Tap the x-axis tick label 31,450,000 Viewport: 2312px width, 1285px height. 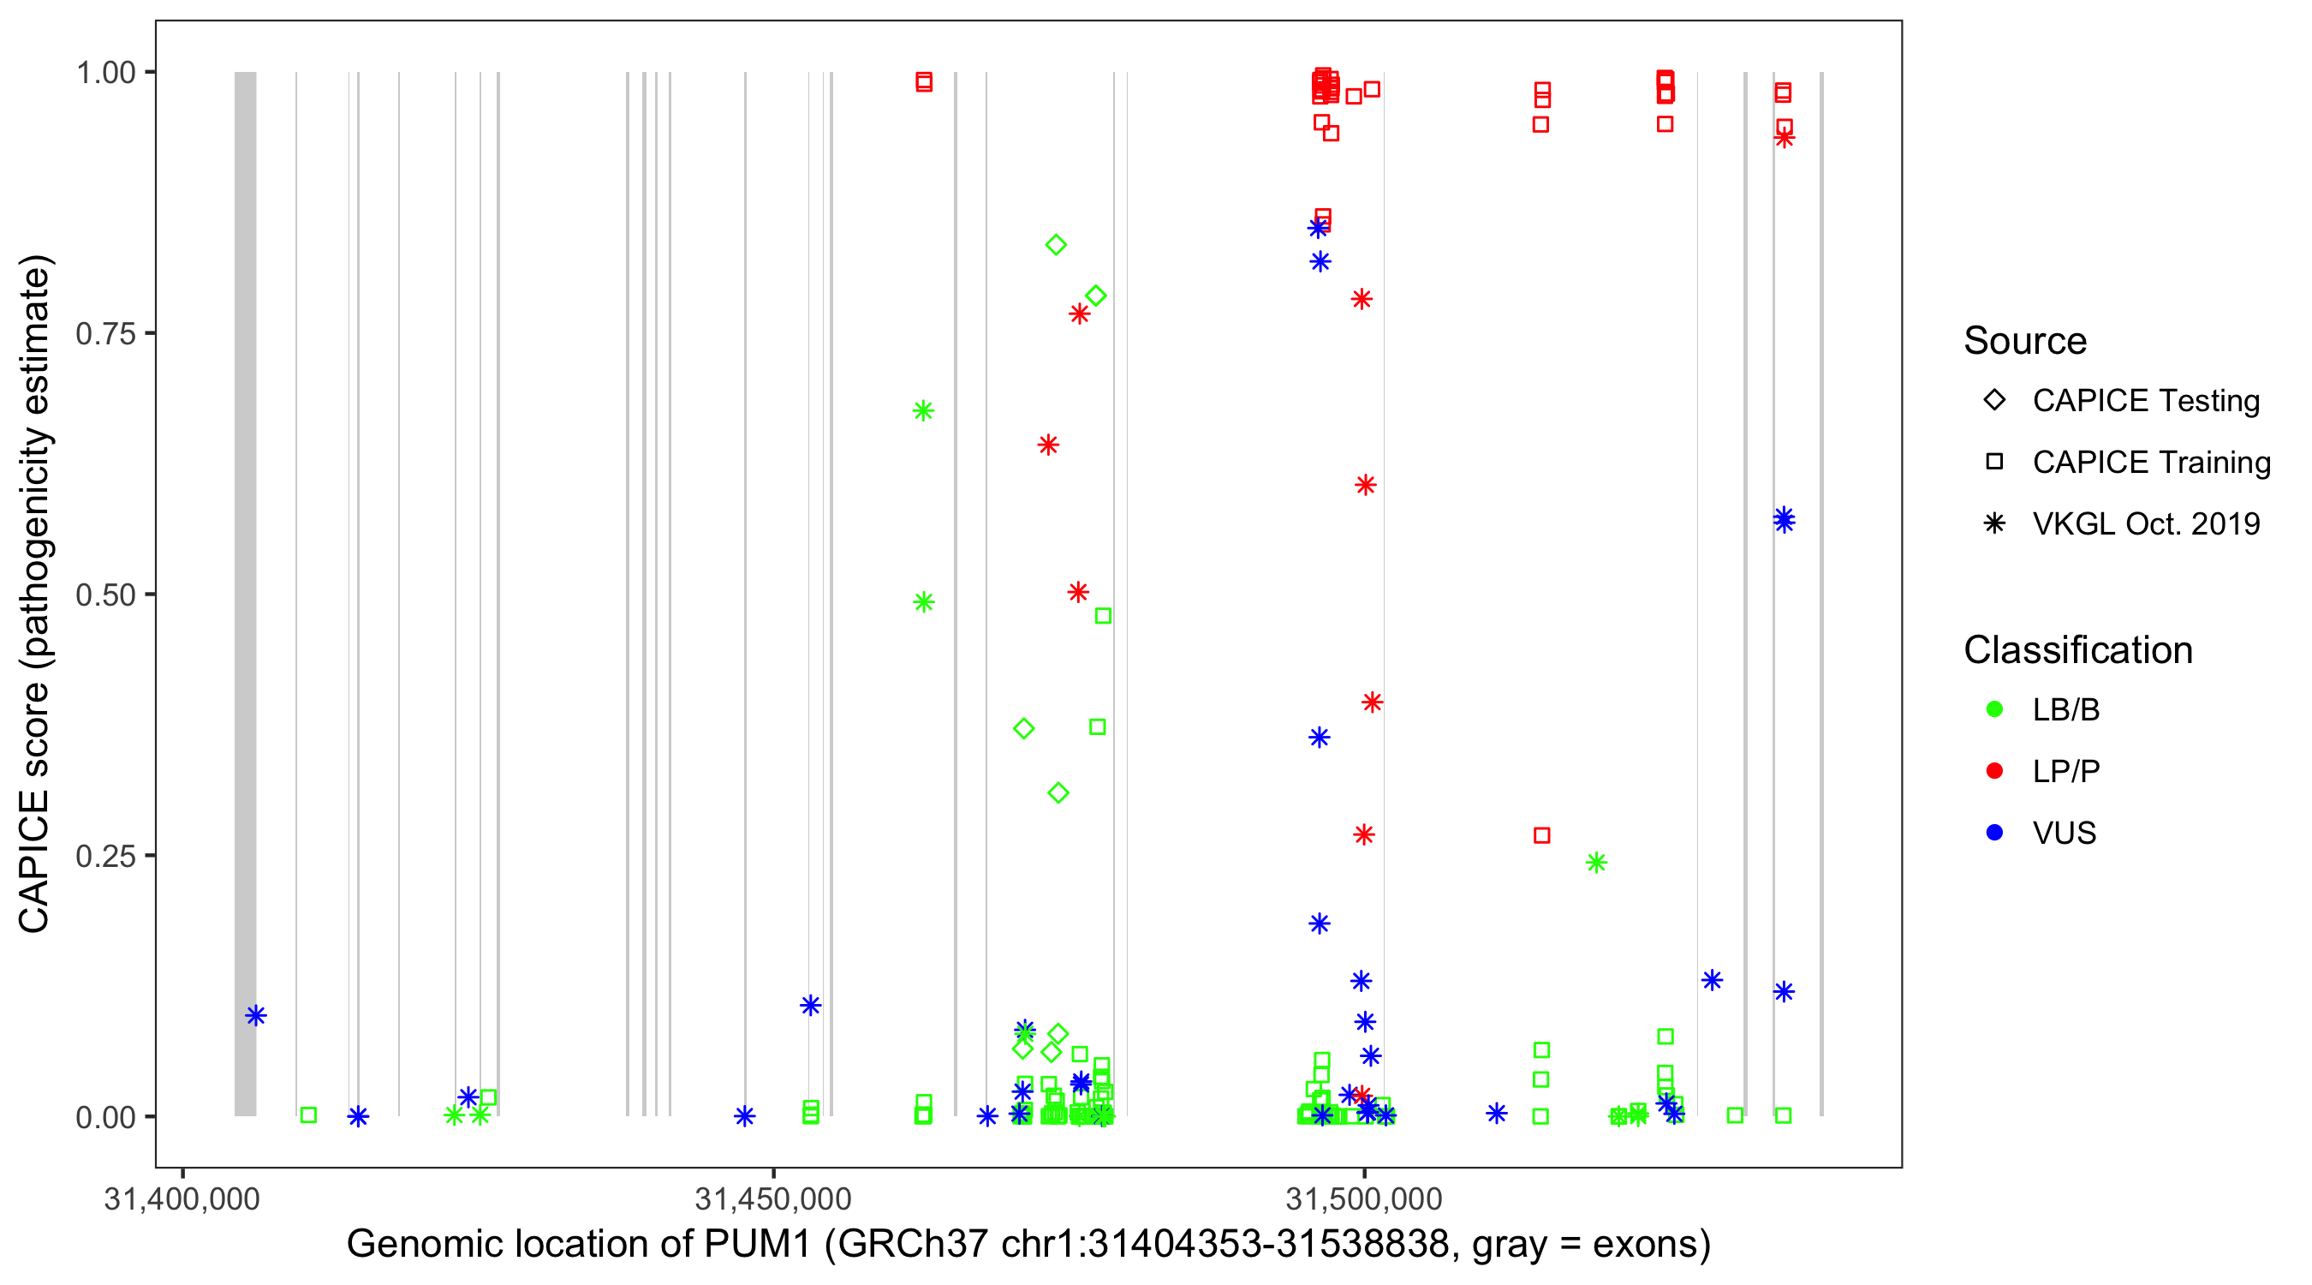[x=772, y=1198]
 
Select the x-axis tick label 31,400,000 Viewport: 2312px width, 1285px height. [x=182, y=1198]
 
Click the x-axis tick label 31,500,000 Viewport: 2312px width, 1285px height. [x=1364, y=1198]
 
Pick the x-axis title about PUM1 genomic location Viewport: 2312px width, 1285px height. [x=1028, y=1245]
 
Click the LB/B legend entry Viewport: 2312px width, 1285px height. [x=2065, y=710]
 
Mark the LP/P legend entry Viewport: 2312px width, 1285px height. [x=2065, y=771]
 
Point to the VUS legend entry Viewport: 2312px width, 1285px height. [x=2064, y=834]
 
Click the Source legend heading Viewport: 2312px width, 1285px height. [x=2025, y=341]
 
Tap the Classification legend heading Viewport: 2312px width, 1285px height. [x=2077, y=650]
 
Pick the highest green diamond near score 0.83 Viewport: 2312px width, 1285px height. [x=1057, y=245]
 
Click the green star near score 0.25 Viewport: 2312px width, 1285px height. [x=1596, y=863]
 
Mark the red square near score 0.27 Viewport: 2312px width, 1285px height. [x=1542, y=836]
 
